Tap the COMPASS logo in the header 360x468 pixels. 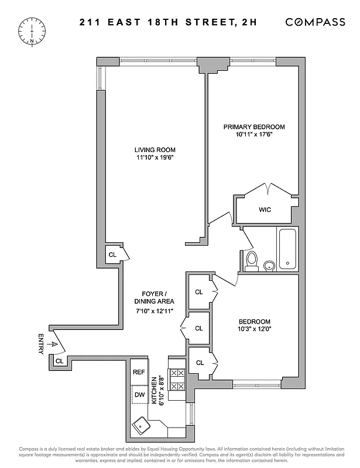click(315, 22)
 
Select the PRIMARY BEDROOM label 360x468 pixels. click(254, 127)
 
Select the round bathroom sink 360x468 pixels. click(269, 266)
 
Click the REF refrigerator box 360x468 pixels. click(139, 372)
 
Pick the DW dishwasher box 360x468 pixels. click(139, 395)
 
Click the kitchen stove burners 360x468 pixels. click(176, 379)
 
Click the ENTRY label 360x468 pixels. click(41, 344)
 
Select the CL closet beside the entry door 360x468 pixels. click(59, 362)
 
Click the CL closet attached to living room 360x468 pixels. click(112, 254)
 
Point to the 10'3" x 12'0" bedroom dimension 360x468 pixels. click(254, 330)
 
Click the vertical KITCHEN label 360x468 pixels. click(155, 391)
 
